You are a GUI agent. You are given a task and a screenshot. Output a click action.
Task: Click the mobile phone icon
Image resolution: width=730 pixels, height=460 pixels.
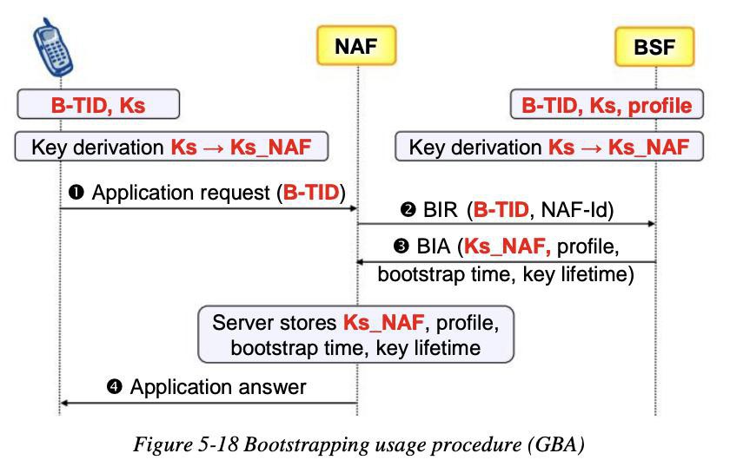pyautogui.click(x=53, y=48)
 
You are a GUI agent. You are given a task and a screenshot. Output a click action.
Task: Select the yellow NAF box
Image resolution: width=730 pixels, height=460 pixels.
pyautogui.click(x=356, y=46)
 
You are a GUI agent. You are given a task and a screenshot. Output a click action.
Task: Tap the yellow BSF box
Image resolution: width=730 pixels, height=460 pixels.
pyautogui.click(x=654, y=47)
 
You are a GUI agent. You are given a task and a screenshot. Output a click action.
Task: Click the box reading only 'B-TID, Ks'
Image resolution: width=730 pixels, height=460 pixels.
pyautogui.click(x=98, y=104)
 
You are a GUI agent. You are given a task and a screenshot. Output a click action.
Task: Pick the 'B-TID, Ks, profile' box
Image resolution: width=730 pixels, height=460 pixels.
pyautogui.click(x=607, y=104)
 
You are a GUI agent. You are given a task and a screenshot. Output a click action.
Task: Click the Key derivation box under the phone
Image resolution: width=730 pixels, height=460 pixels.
pyautogui.click(x=171, y=147)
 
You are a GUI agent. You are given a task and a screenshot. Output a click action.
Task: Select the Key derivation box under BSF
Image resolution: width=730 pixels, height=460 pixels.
pyautogui.click(x=549, y=147)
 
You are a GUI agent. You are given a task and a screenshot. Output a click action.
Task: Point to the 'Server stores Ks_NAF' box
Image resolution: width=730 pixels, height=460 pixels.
pyautogui.click(x=355, y=334)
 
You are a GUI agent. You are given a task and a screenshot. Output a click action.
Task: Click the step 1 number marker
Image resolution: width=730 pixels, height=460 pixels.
pyautogui.click(x=76, y=192)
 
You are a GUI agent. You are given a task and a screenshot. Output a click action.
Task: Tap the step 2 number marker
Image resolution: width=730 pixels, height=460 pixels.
pyautogui.click(x=408, y=210)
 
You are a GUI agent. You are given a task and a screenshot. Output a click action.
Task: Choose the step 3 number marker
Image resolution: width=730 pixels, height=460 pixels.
pyautogui.click(x=401, y=246)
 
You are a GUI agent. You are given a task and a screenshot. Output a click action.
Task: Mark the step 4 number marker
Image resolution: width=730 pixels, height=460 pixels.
pyautogui.click(x=114, y=386)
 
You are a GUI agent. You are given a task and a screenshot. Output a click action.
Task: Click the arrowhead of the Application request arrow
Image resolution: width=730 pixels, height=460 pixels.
pyautogui.click(x=354, y=208)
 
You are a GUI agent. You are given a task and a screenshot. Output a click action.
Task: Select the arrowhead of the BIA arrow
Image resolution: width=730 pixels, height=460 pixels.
pyautogui.click(x=360, y=262)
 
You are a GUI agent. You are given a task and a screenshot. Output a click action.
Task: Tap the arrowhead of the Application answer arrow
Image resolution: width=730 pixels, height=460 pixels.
pyautogui.click(x=64, y=403)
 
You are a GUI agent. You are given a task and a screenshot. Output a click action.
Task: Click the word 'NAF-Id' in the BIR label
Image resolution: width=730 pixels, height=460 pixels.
pyautogui.click(x=572, y=210)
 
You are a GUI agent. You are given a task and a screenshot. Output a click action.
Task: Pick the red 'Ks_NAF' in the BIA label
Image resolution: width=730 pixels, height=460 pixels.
pyautogui.click(x=507, y=246)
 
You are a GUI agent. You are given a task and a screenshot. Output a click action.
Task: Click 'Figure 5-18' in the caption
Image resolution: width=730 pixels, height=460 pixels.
pyautogui.click(x=186, y=444)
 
